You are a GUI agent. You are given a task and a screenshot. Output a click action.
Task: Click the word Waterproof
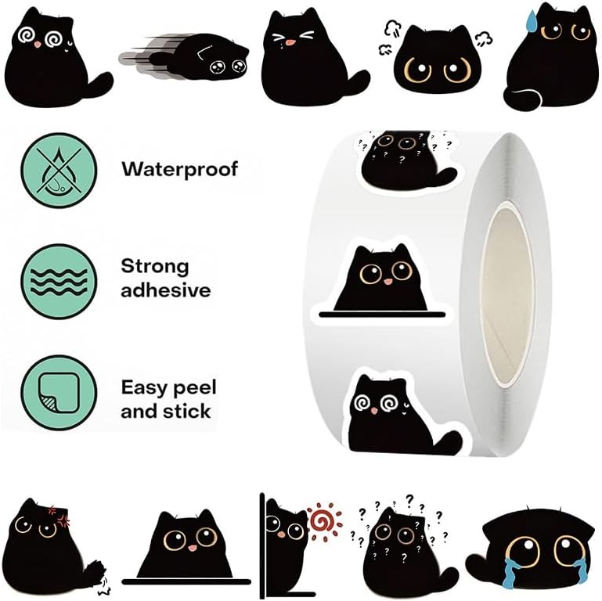(x=178, y=168)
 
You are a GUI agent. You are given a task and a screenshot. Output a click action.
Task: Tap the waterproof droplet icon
(x=58, y=168)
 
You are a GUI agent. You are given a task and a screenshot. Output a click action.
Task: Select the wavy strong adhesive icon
(x=58, y=279)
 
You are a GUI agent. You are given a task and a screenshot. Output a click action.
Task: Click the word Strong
(x=155, y=266)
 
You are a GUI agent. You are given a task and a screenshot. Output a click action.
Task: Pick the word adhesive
(x=165, y=290)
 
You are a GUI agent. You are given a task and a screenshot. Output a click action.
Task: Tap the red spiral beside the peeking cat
(x=320, y=520)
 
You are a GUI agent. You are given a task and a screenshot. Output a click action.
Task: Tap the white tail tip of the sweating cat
(x=517, y=99)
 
